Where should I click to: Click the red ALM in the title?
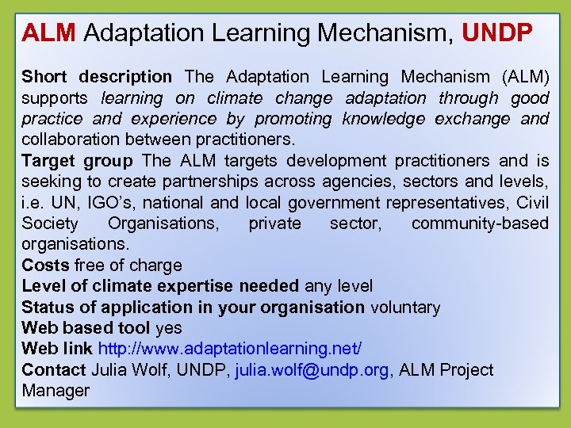pos(48,33)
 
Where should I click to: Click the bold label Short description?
pos(97,78)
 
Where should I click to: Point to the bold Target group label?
pos(78,161)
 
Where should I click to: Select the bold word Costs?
pos(45,266)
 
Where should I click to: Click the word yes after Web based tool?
pos(169,328)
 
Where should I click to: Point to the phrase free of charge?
pos(128,266)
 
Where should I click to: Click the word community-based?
pos(480,224)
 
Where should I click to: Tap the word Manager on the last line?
pos(56,391)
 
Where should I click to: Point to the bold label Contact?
pos(54,370)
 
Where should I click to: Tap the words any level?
pos(339,286)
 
